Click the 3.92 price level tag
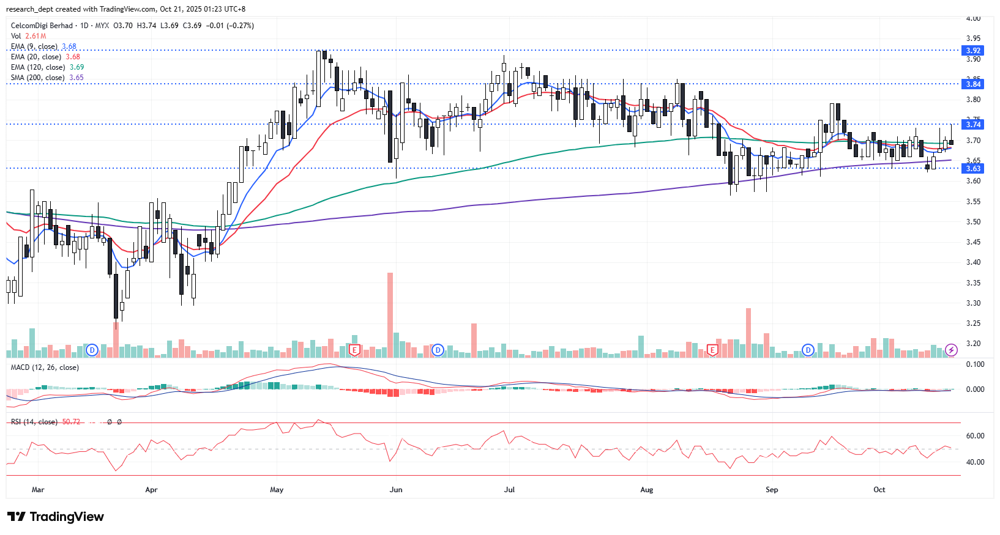pos(973,51)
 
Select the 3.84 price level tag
pos(973,84)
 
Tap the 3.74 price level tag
pos(973,125)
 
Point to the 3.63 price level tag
pos(973,169)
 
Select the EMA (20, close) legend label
pos(35,57)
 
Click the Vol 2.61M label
pos(28,36)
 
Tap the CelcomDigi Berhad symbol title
pos(42,26)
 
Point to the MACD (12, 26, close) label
pos(45,367)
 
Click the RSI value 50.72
pos(71,422)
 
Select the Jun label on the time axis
pos(396,490)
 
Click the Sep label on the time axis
pos(772,490)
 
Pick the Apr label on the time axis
pos(151,490)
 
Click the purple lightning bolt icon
pos(951,350)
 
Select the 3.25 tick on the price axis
pos(973,323)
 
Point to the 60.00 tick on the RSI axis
pos(975,436)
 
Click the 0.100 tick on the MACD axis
pos(975,364)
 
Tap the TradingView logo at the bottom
pos(56,517)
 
